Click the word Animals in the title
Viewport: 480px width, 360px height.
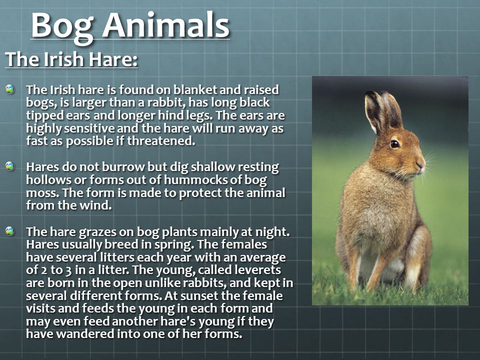pyautogui.click(x=165, y=25)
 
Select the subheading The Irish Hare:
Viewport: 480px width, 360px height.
pyautogui.click(x=71, y=59)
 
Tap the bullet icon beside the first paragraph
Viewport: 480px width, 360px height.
pyautogui.click(x=10, y=89)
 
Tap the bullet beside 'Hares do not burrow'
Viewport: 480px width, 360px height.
pyautogui.click(x=10, y=166)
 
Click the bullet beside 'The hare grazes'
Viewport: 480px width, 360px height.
pyautogui.click(x=10, y=231)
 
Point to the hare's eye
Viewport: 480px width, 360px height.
pyautogui.click(x=394, y=144)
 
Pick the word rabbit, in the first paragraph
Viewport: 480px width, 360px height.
pyautogui.click(x=166, y=102)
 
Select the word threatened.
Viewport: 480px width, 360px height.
pyautogui.click(x=161, y=141)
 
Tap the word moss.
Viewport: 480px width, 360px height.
pyautogui.click(x=42, y=193)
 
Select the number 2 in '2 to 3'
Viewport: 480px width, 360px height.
pyautogui.click(x=43, y=270)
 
